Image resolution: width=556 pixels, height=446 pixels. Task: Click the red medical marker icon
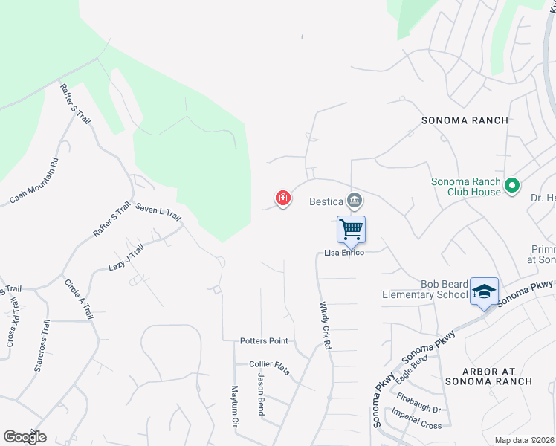283,198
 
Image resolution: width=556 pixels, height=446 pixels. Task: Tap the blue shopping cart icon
351,228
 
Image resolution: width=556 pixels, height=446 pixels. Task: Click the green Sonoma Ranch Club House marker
511,185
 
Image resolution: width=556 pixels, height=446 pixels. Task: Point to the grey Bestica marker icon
355,199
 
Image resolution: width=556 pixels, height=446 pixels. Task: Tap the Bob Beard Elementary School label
424,290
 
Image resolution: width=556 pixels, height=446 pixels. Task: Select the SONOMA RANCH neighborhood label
465,120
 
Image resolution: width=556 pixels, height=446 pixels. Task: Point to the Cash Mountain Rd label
34,181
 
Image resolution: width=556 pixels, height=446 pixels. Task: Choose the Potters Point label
264,341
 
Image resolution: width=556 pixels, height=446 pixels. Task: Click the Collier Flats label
269,363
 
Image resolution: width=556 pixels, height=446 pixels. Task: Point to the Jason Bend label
261,395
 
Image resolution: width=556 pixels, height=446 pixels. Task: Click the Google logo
25,437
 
